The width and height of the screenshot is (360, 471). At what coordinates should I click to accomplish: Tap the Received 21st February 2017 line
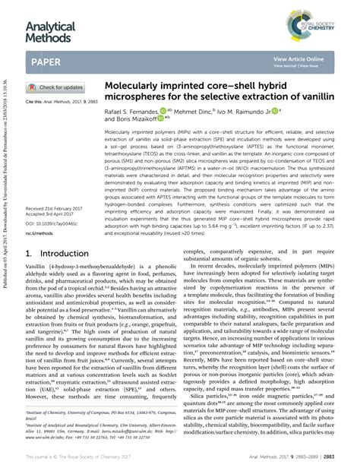click(x=57, y=207)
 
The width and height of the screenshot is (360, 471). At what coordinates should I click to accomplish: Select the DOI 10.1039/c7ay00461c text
click(x=52, y=223)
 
